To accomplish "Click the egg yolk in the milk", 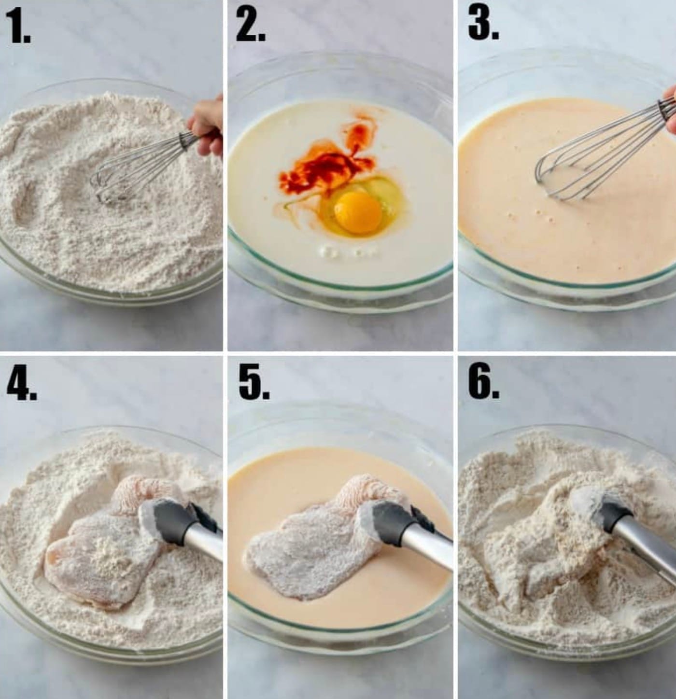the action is [358, 213].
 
